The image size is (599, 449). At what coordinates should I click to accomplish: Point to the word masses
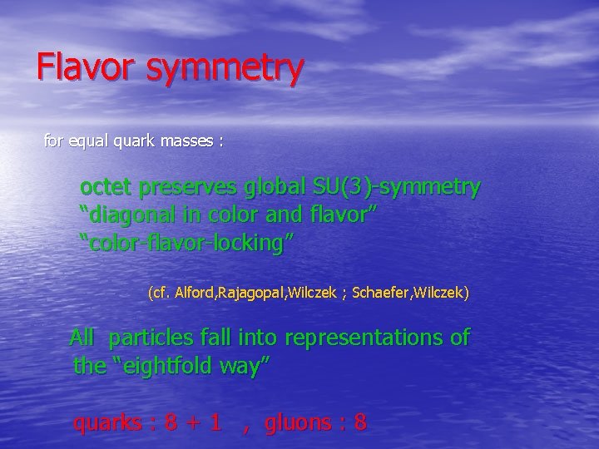coord(191,141)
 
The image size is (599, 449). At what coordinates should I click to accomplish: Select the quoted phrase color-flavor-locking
coord(186,244)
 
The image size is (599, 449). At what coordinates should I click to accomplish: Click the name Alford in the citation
coord(195,293)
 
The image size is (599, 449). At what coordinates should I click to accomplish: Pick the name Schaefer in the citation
coord(380,293)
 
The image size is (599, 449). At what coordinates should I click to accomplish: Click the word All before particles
coord(82,338)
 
